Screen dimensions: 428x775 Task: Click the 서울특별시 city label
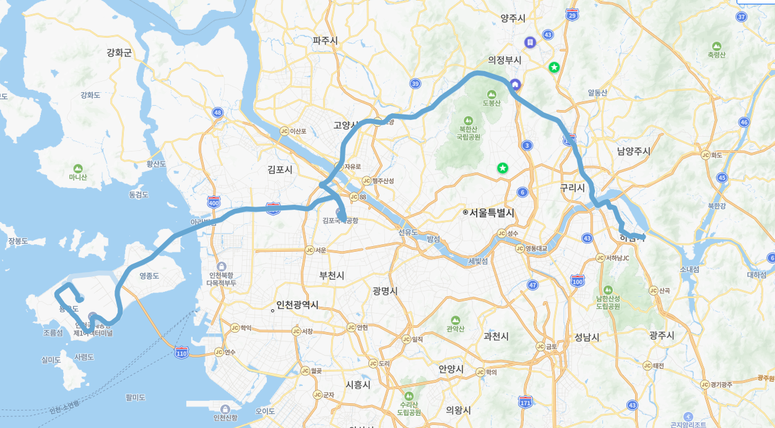point(492,213)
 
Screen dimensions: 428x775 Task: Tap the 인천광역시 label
point(298,305)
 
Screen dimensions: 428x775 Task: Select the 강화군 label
point(119,53)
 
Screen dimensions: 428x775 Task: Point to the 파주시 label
point(325,40)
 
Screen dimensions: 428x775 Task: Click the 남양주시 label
point(633,151)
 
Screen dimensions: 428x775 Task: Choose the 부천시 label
point(332,275)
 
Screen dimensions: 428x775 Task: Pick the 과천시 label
point(496,336)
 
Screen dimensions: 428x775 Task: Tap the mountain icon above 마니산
point(78,168)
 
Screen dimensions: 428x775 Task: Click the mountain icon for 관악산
point(456,320)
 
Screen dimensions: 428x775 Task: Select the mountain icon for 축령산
point(716,46)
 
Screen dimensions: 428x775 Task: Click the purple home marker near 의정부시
point(515,85)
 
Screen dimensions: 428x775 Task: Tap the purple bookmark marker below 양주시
point(530,42)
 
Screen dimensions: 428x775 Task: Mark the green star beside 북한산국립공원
point(503,168)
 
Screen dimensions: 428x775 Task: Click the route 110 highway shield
point(181,353)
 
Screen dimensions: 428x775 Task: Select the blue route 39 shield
point(415,83)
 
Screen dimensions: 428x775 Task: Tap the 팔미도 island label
point(135,397)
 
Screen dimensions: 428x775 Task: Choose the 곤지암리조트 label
point(688,424)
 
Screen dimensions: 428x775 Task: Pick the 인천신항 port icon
point(225,409)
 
